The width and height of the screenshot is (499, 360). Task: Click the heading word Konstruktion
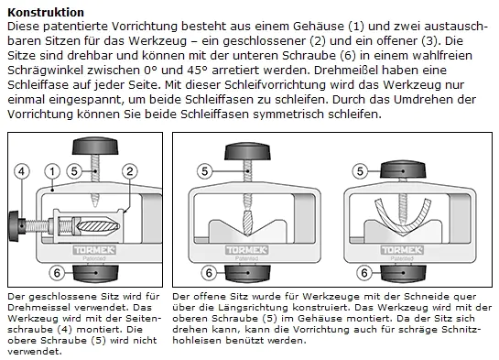(x=46, y=13)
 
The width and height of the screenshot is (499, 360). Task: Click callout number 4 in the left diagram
(x=22, y=171)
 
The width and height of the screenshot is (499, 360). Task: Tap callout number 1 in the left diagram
(x=52, y=171)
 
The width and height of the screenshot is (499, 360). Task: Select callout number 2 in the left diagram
(x=129, y=171)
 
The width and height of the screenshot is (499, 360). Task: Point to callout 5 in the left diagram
(x=74, y=171)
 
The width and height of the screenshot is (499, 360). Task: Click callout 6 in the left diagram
(x=57, y=273)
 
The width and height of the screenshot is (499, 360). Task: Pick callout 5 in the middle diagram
(x=204, y=171)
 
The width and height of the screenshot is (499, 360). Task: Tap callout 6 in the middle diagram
(x=209, y=273)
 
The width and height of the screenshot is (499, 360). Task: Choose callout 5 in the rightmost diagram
(x=360, y=171)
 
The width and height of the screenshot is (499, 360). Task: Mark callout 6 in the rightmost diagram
(x=364, y=273)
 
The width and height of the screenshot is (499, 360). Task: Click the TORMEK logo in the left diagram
(x=94, y=250)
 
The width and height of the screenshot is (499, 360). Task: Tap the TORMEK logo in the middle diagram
(x=247, y=250)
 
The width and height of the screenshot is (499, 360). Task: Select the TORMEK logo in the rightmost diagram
(x=402, y=250)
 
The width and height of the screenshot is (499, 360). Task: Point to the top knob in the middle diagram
(x=247, y=151)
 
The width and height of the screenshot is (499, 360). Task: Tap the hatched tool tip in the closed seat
(x=99, y=226)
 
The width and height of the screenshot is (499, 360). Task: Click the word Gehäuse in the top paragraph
(x=319, y=27)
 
